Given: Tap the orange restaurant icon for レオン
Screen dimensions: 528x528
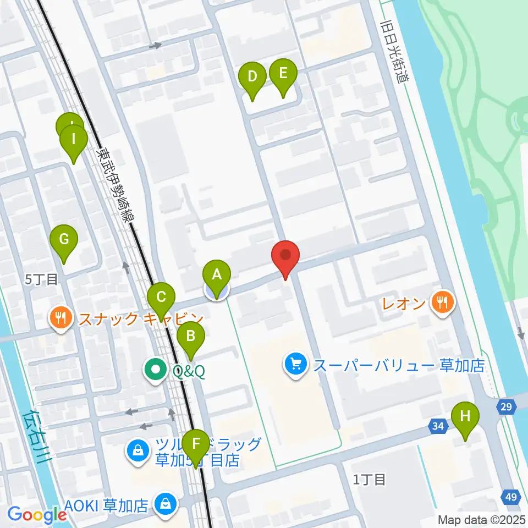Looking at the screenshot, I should tap(442, 301).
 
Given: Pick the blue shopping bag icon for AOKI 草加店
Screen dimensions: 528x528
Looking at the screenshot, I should tap(164, 503).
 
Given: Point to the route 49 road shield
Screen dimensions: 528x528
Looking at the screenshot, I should tap(511, 497).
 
